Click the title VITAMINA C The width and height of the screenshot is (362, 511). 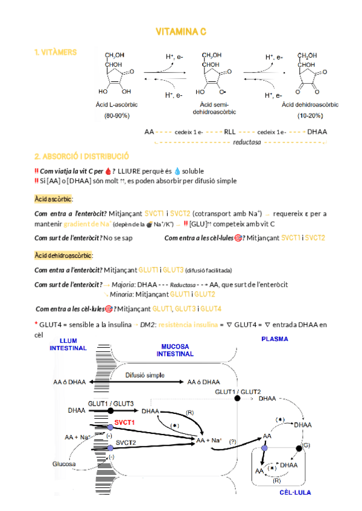click(x=181, y=31)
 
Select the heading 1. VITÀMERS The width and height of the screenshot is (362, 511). click(x=56, y=52)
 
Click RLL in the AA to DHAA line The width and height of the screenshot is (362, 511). click(x=230, y=131)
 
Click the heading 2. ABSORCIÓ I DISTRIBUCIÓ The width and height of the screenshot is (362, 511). click(x=82, y=155)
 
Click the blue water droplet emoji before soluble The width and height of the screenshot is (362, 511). click(x=177, y=171)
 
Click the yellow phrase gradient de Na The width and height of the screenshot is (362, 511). click(x=86, y=224)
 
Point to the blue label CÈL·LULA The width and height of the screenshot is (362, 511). click(x=295, y=492)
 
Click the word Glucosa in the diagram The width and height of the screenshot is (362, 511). click(x=64, y=464)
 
